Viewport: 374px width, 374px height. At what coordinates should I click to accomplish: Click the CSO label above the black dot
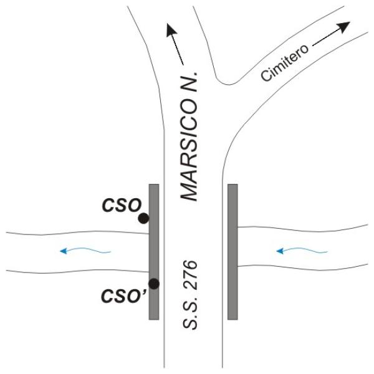coord(122,205)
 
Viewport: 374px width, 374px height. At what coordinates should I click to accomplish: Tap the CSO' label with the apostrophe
coord(123,296)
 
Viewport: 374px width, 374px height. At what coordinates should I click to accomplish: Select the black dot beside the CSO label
coord(143,218)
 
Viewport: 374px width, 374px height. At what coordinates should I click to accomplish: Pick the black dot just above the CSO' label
coord(154,284)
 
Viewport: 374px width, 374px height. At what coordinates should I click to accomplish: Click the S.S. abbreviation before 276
coord(190,311)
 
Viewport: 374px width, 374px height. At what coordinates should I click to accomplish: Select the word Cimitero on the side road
coord(285,62)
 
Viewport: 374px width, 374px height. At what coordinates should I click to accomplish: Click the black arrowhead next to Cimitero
coord(344,27)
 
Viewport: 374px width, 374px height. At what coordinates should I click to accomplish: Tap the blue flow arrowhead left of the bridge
coord(64,251)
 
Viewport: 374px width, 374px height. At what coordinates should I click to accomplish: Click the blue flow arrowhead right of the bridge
coord(280,251)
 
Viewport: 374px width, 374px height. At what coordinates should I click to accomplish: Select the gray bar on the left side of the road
coord(154,252)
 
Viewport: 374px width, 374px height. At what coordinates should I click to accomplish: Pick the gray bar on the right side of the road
coord(233,252)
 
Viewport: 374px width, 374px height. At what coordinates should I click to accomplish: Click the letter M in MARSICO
coord(189,191)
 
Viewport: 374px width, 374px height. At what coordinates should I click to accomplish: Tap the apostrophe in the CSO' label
coord(144,292)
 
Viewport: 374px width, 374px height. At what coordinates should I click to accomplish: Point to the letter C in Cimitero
coord(266,75)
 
